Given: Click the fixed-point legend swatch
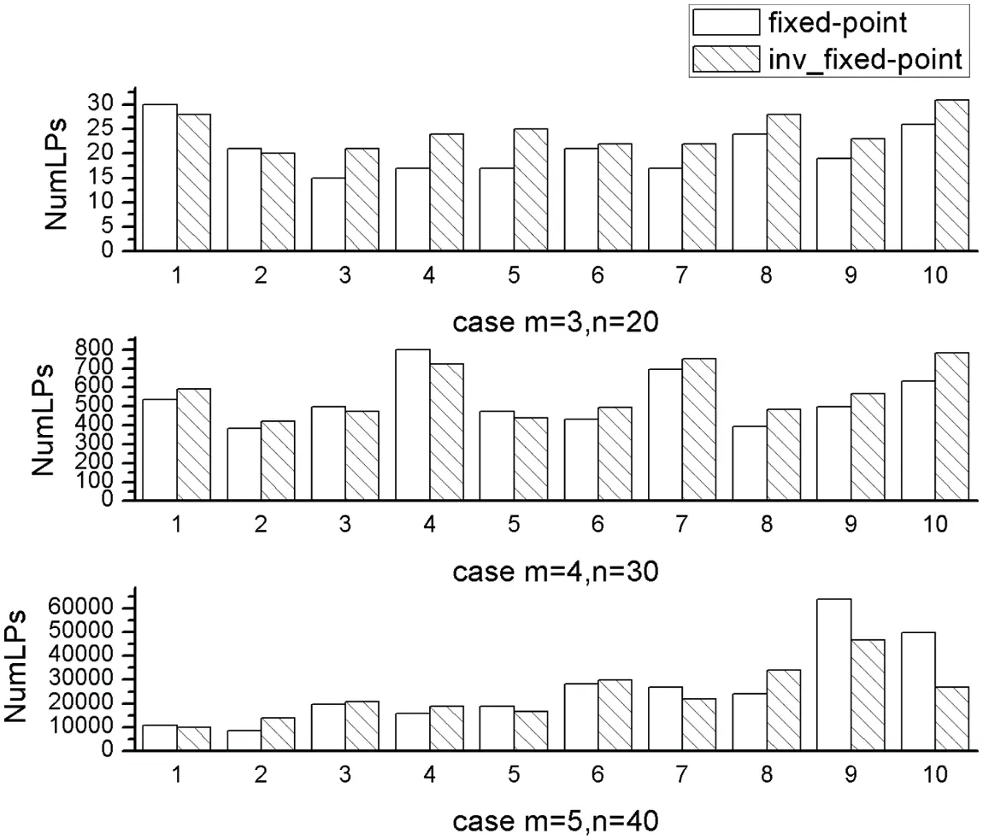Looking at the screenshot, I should [726, 22].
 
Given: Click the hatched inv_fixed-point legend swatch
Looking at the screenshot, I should [726, 59].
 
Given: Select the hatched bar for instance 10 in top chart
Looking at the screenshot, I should [951, 175].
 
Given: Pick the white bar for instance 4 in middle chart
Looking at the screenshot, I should [413, 425].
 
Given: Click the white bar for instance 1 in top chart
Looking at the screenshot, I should [160, 178].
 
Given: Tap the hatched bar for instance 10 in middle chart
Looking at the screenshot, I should [951, 426].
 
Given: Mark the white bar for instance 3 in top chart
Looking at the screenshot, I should [328, 214].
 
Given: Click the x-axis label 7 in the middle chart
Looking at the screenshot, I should [681, 524].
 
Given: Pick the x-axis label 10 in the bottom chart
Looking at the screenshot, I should [935, 774].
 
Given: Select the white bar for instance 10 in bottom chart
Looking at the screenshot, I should [918, 691].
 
